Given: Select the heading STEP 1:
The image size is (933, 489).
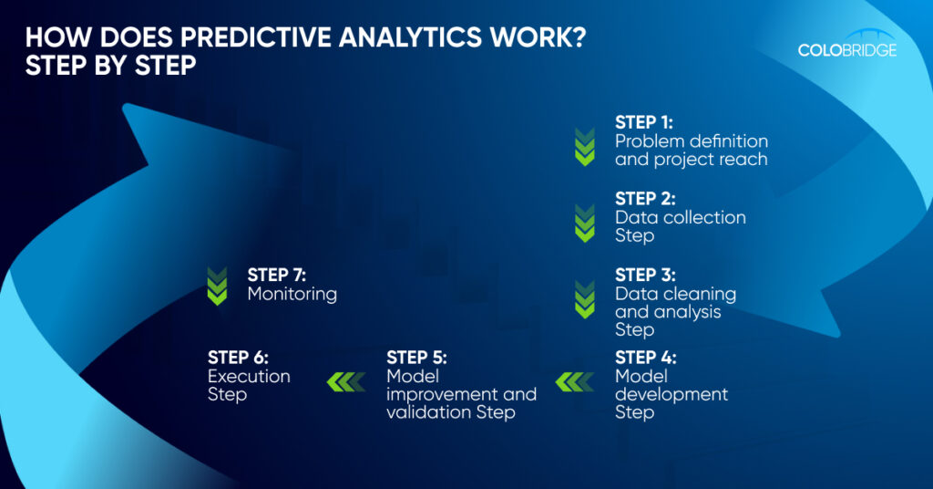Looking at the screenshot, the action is click(644, 122).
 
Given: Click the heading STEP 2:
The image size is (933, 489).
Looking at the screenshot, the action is click(645, 199).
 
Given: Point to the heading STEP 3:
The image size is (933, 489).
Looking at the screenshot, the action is click(645, 276).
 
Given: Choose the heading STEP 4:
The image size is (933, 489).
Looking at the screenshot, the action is click(646, 358).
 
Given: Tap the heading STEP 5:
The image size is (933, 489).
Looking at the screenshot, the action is click(416, 358).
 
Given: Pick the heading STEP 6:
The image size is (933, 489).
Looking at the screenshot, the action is click(238, 358).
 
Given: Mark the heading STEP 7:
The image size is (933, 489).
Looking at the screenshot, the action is click(277, 276).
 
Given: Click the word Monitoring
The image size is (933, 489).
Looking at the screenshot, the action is click(292, 294).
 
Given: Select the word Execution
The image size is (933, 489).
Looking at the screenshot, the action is click(249, 377).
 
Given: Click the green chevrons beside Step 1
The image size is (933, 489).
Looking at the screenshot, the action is click(585, 147).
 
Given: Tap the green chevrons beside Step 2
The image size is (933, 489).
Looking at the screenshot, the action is click(585, 223).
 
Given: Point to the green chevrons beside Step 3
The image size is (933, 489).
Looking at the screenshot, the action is click(585, 299).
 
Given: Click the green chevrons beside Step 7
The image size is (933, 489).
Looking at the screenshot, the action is click(217, 286).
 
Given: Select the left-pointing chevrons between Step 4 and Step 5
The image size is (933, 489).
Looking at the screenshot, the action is click(575, 381).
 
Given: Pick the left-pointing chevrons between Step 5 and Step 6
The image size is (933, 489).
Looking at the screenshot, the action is click(346, 381).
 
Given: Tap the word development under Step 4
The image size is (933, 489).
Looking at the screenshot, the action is click(672, 395).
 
